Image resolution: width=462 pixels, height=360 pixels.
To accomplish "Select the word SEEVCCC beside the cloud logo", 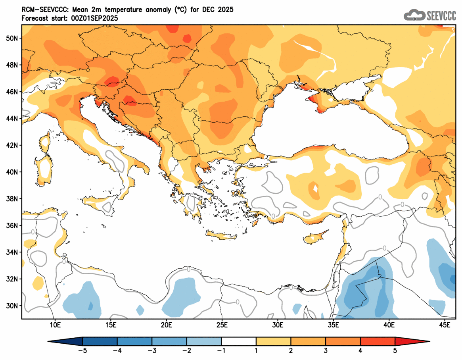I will point(441,15).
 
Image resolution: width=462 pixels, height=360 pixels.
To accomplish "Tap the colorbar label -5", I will point(82,350).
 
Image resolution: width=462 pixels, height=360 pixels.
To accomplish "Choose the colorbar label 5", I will point(395,350).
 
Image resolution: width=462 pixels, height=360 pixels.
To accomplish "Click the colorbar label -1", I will point(221,350).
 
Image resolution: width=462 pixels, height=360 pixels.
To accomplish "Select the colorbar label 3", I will point(326,350).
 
